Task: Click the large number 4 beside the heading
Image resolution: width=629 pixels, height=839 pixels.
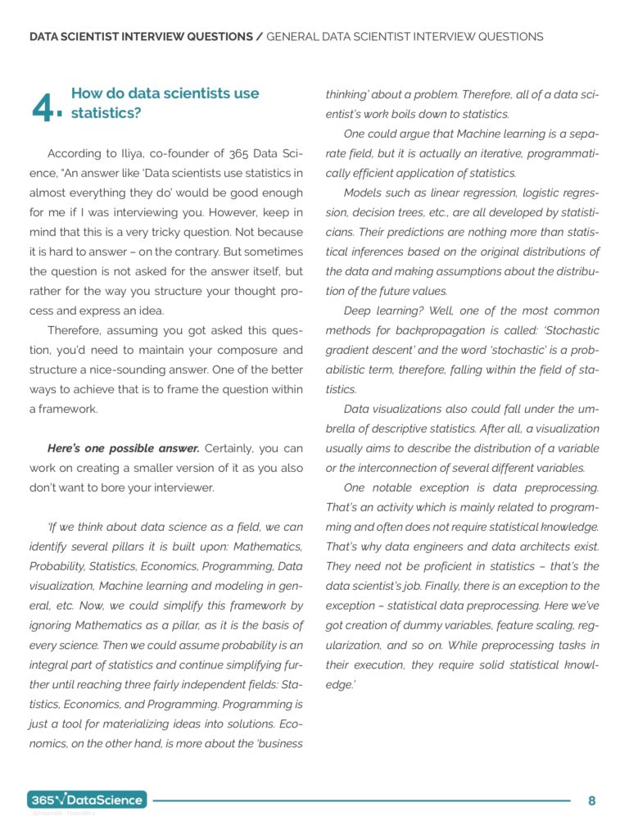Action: [x=44, y=107]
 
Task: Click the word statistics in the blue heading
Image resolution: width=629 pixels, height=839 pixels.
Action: [x=106, y=113]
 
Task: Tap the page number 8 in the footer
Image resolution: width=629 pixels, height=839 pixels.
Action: [x=591, y=800]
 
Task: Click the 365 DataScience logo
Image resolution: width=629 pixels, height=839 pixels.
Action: [x=87, y=800]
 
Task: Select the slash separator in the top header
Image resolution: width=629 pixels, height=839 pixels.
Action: [x=260, y=37]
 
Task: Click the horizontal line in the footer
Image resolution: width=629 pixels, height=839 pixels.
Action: [x=360, y=800]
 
